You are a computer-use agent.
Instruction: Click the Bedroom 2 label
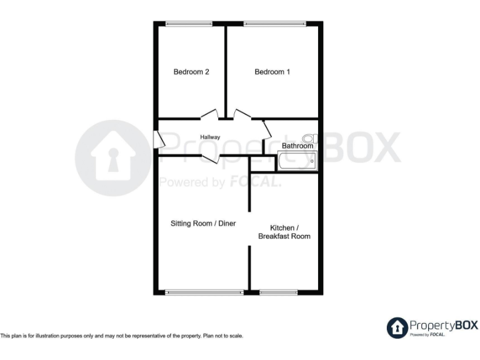coord(191,72)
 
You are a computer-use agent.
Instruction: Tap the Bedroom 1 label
coord(272,72)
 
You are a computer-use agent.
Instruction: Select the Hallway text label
coord(210,137)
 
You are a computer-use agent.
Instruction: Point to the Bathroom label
coord(297,146)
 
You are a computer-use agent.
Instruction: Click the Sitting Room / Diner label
coord(203,223)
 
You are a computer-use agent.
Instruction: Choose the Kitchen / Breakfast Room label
coord(284,232)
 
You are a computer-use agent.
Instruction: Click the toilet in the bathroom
coord(309,138)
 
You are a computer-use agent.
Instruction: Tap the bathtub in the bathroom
coord(297,161)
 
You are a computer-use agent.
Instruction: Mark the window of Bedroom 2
coord(189,24)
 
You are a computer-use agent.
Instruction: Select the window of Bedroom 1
coord(274,24)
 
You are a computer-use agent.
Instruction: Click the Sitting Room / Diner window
coord(204,292)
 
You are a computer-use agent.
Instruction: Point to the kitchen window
coord(279,292)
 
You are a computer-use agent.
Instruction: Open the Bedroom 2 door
coord(209,115)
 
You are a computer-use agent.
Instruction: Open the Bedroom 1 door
coord(242,114)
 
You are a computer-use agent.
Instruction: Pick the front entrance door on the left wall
coord(158,139)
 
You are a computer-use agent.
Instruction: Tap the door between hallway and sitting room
coord(210,158)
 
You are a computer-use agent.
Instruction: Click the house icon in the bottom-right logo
coord(397,327)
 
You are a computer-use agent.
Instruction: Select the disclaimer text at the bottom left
coord(122,336)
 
